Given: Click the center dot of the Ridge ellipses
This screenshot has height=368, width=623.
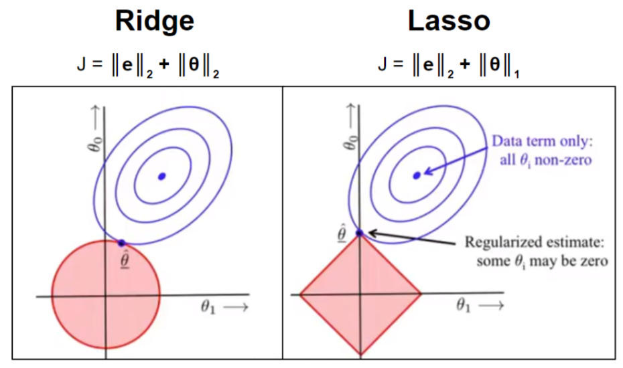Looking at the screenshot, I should [161, 176].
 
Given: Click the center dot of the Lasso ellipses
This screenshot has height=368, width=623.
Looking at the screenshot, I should [417, 175].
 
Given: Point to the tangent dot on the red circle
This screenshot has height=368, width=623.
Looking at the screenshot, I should [121, 243].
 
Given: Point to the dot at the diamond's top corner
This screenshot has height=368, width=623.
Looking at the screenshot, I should [360, 233].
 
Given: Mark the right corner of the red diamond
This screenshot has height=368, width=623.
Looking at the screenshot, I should [420, 293].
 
